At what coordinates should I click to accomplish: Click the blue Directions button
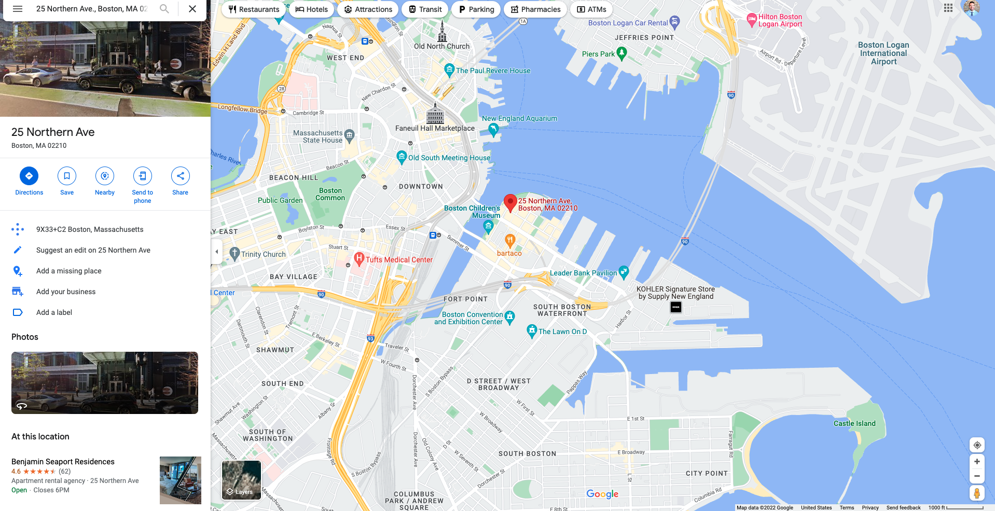click(x=29, y=176)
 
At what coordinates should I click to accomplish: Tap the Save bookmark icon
click(x=67, y=176)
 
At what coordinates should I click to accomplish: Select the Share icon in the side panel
click(x=180, y=176)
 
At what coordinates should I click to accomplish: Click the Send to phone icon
click(x=143, y=176)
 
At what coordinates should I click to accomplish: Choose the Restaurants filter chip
click(x=254, y=9)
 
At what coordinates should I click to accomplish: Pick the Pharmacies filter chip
click(x=535, y=9)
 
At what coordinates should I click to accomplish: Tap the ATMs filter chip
click(x=591, y=9)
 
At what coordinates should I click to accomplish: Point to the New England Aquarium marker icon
click(x=493, y=129)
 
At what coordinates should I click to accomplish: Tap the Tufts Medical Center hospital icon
click(x=359, y=258)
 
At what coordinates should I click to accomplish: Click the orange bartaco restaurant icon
click(x=510, y=240)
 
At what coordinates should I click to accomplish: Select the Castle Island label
click(x=854, y=423)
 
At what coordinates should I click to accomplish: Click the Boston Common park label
click(x=330, y=194)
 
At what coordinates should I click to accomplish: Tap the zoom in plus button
click(x=977, y=461)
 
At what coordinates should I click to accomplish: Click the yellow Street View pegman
click(x=977, y=493)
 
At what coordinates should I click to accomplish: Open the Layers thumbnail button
click(x=241, y=480)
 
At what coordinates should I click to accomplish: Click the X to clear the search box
click(x=192, y=9)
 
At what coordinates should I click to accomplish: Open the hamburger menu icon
click(x=18, y=9)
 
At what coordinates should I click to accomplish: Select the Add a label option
click(x=54, y=312)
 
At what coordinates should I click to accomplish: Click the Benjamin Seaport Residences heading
click(x=63, y=462)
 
